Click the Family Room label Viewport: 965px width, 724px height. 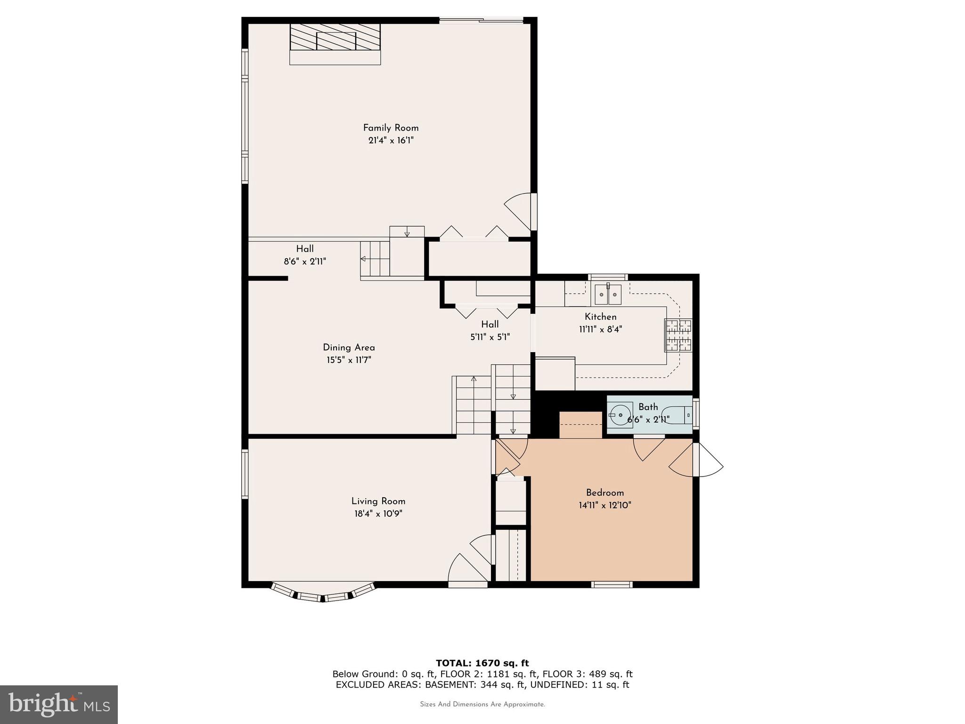391,128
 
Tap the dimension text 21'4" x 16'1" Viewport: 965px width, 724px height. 391,140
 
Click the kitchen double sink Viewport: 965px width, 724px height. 608,295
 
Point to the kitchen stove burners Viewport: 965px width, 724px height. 678,335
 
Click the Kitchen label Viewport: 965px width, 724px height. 600,317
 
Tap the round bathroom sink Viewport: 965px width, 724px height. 621,415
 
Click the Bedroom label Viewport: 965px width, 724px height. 605,493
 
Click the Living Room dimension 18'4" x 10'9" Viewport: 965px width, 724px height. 378,514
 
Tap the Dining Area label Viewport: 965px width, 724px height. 349,347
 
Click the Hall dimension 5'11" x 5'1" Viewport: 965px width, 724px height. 490,337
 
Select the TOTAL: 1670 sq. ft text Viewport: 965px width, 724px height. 482,663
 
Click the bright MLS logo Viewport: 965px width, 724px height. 58,704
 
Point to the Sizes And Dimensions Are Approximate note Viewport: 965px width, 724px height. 482,704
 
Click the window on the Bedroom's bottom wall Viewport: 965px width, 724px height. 612,584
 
